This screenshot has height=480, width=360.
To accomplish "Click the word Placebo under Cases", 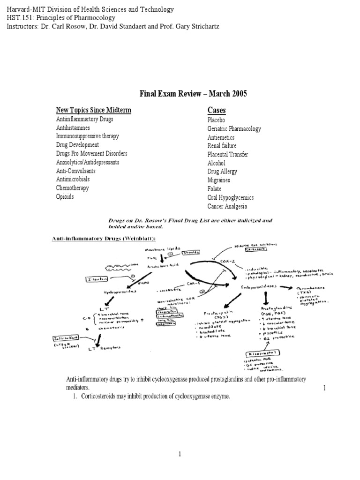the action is [x=216, y=120].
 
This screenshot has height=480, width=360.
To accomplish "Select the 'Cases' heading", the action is [x=217, y=110].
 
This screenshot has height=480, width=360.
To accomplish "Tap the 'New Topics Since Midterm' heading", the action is [x=94, y=110].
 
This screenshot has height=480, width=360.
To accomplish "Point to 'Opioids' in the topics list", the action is [x=65, y=197].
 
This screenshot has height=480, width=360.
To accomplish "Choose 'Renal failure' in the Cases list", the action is [x=220, y=146].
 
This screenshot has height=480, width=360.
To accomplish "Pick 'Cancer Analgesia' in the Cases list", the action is [x=227, y=206].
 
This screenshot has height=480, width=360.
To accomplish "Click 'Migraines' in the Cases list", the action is [x=219, y=180].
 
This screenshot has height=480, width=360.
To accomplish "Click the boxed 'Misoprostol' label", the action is [x=266, y=352].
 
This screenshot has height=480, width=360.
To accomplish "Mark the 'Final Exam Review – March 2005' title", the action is [x=193, y=94].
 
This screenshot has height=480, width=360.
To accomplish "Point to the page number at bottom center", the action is [x=180, y=454].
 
